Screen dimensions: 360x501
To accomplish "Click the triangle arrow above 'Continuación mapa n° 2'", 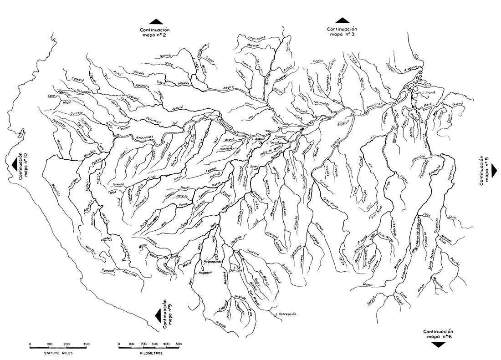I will pos(156,21).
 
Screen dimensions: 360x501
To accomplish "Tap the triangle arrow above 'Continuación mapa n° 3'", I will pos(342,20).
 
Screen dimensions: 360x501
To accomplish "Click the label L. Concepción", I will pos(286,314).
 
